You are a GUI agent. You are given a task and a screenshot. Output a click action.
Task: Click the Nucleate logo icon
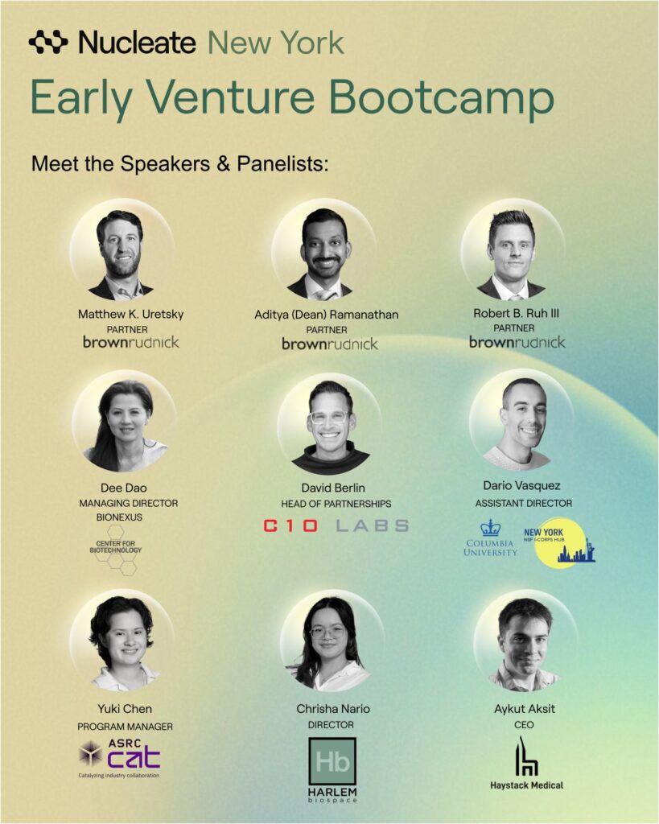pyautogui.click(x=47, y=43)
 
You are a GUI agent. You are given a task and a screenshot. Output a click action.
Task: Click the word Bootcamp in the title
pyautogui.click(x=442, y=97)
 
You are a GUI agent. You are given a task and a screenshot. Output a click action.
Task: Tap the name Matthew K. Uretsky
pyautogui.click(x=131, y=315)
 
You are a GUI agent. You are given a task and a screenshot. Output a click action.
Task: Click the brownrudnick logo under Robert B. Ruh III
pyautogui.click(x=517, y=342)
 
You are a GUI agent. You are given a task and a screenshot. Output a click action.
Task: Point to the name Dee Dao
pyautogui.click(x=123, y=488)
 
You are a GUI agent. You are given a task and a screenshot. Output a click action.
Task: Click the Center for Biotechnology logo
pyautogui.click(x=116, y=549)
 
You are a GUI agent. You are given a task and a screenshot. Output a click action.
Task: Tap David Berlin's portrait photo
pyautogui.click(x=331, y=426)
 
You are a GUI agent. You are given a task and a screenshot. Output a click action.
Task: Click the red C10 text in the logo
pyautogui.click(x=290, y=525)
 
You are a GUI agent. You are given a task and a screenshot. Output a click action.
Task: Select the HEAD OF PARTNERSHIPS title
pyautogui.click(x=336, y=504)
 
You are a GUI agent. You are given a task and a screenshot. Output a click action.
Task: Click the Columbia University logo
pyautogui.click(x=490, y=538)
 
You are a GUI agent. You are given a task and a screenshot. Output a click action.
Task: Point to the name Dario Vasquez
pyautogui.click(x=522, y=485)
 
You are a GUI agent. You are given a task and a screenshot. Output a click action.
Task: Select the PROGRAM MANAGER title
pyautogui.click(x=125, y=727)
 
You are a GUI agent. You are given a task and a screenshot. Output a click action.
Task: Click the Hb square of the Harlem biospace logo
pyautogui.click(x=332, y=761)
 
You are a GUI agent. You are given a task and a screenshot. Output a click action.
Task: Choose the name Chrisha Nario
pyautogui.click(x=333, y=709)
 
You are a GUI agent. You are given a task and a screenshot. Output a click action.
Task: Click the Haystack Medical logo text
pyautogui.click(x=526, y=785)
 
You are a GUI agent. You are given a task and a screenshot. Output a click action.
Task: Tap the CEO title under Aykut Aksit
pyautogui.click(x=524, y=725)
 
